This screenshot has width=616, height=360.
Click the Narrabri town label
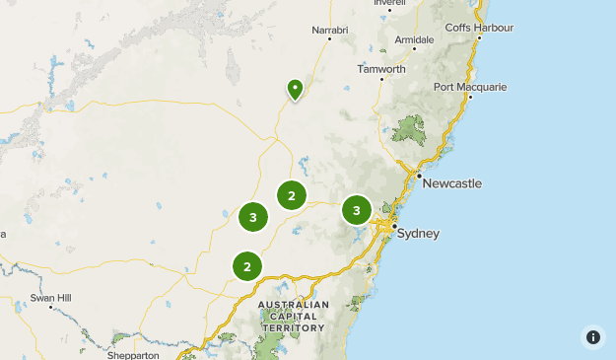(330, 31)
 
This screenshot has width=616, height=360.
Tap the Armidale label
(414, 38)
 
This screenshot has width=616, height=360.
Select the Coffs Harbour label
(480, 27)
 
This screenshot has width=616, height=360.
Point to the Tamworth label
(381, 69)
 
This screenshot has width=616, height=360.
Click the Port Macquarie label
(470, 87)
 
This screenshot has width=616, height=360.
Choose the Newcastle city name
(452, 183)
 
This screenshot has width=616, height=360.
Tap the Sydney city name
(420, 234)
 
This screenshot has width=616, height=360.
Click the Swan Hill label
(50, 297)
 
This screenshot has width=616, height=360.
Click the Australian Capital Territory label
(293, 316)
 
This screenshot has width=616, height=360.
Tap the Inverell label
(389, 3)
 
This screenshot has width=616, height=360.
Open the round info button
(592, 336)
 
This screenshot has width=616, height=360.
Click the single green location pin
(295, 90)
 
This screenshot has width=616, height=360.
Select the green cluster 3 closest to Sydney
(357, 209)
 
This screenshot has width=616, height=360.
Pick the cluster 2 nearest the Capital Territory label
(247, 265)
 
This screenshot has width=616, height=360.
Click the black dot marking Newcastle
(418, 176)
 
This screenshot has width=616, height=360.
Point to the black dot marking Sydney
(393, 228)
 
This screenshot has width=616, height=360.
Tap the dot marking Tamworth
(381, 79)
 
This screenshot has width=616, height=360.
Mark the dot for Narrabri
(329, 39)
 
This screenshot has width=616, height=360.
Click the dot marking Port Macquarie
(470, 97)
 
